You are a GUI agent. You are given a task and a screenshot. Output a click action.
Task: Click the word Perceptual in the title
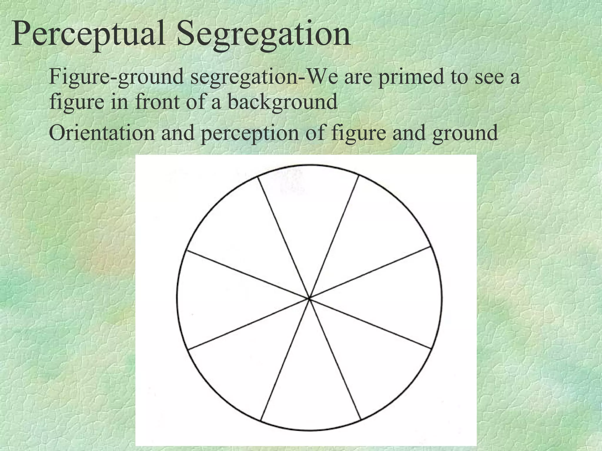(x=88, y=35)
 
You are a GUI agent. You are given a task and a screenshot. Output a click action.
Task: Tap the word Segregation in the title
(x=263, y=35)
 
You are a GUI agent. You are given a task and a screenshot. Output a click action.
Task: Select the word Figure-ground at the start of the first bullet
(x=116, y=77)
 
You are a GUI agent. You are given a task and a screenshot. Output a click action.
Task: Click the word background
(x=282, y=102)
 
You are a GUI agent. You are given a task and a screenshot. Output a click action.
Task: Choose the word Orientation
(x=102, y=133)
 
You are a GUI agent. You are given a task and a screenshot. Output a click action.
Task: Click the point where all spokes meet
(x=310, y=298)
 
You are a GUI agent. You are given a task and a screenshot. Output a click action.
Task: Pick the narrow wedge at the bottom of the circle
(x=310, y=391)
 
